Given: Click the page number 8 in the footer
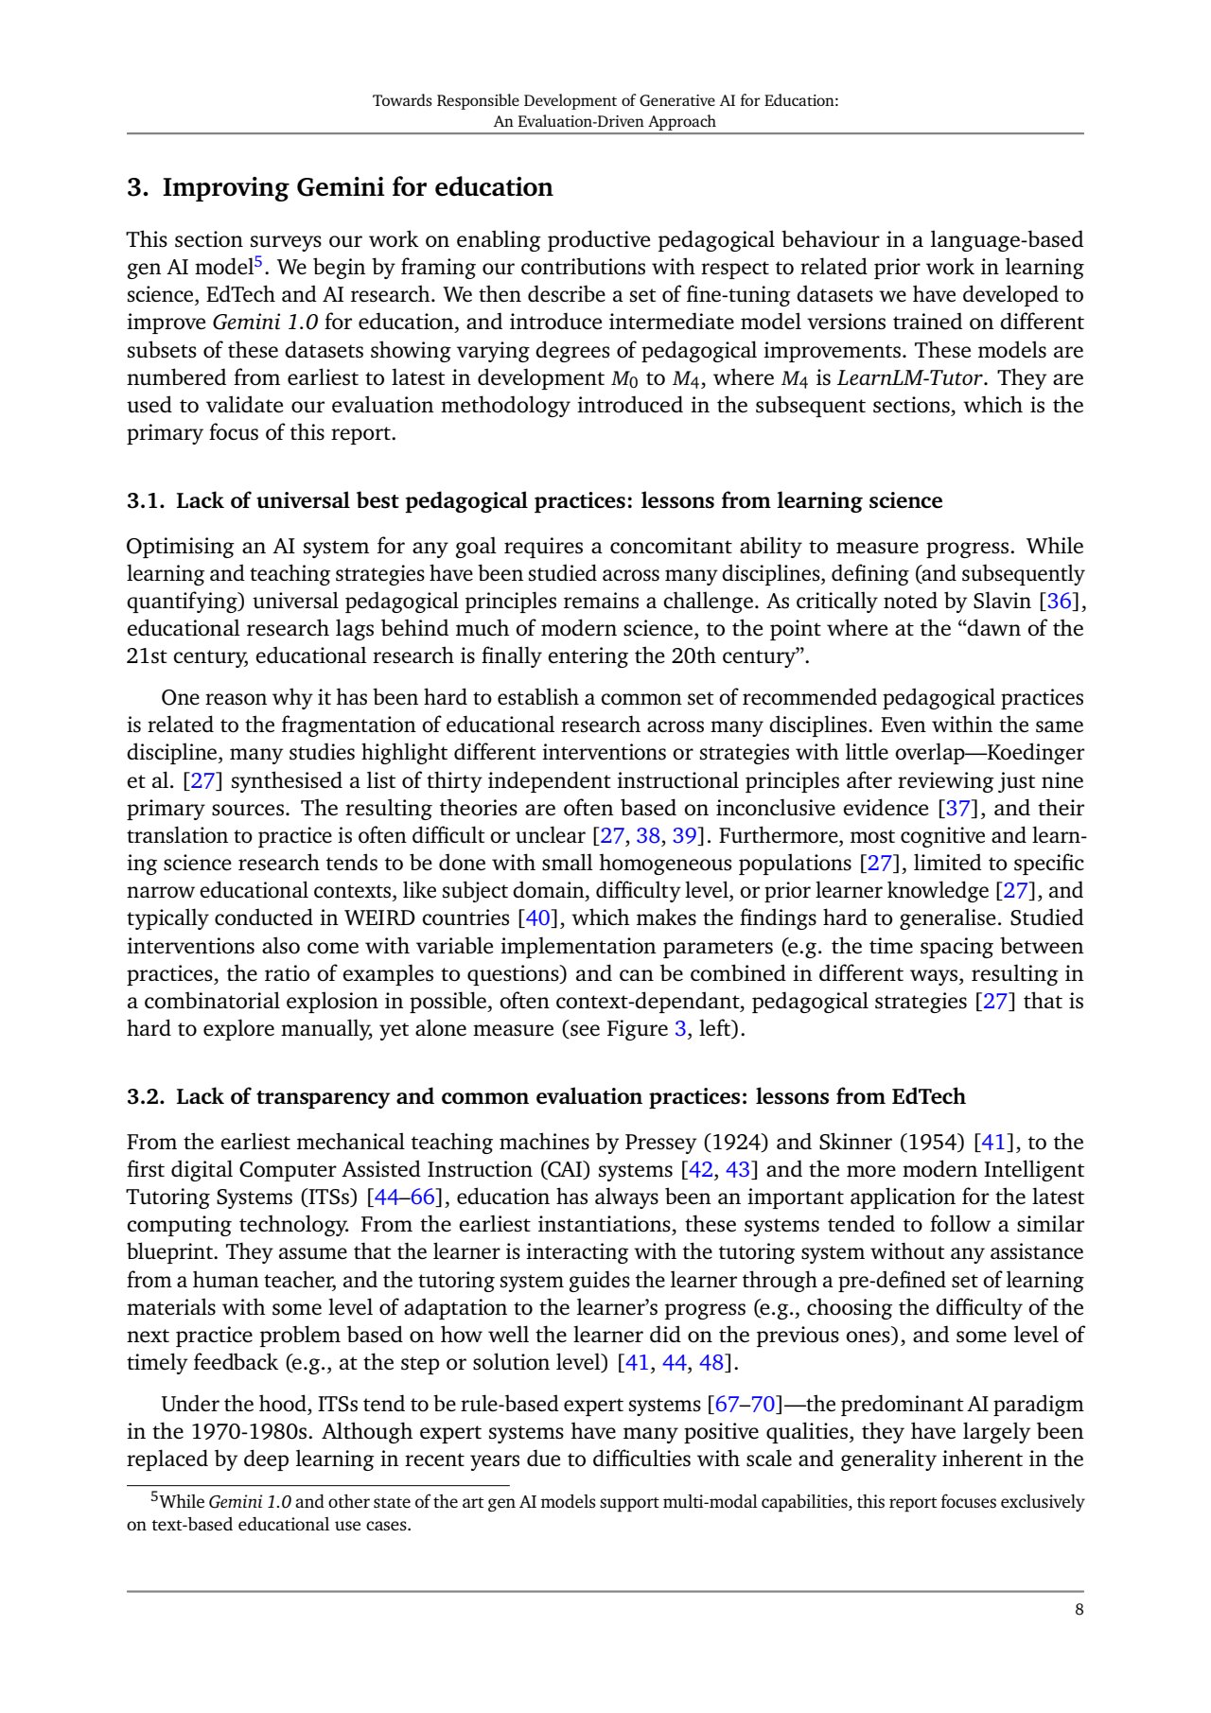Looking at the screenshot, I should tap(1079, 1610).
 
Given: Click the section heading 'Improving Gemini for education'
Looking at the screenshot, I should tap(358, 187).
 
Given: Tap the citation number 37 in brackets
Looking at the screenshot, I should tap(958, 809).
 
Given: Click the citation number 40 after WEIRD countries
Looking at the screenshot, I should tap(536, 918).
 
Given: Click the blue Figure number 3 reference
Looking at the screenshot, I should tap(679, 1029).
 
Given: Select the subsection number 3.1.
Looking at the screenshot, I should tap(147, 501).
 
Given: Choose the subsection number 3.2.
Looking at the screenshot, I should tap(147, 1097).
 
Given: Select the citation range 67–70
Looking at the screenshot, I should tap(745, 1405).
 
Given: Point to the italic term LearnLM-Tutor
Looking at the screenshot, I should tap(911, 378).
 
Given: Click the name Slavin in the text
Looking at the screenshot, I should tap(1002, 602).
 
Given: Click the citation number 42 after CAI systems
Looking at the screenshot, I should tap(701, 1170).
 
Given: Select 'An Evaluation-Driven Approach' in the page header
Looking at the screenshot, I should tap(605, 122).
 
